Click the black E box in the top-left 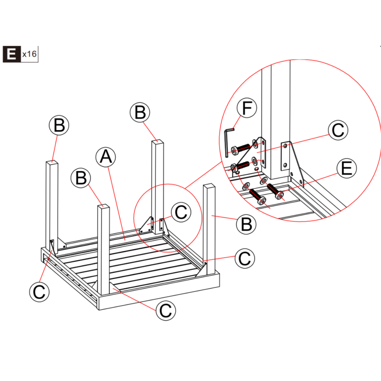pos(12,54)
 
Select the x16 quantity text pos(29,54)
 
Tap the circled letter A pos(106,157)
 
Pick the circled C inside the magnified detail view pos(338,131)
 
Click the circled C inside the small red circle pos(181,212)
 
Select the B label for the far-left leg pos(59,126)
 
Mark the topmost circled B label pos(140,112)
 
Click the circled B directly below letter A pos(81,179)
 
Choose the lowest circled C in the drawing pos(166,310)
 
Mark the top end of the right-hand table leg pos(209,187)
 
